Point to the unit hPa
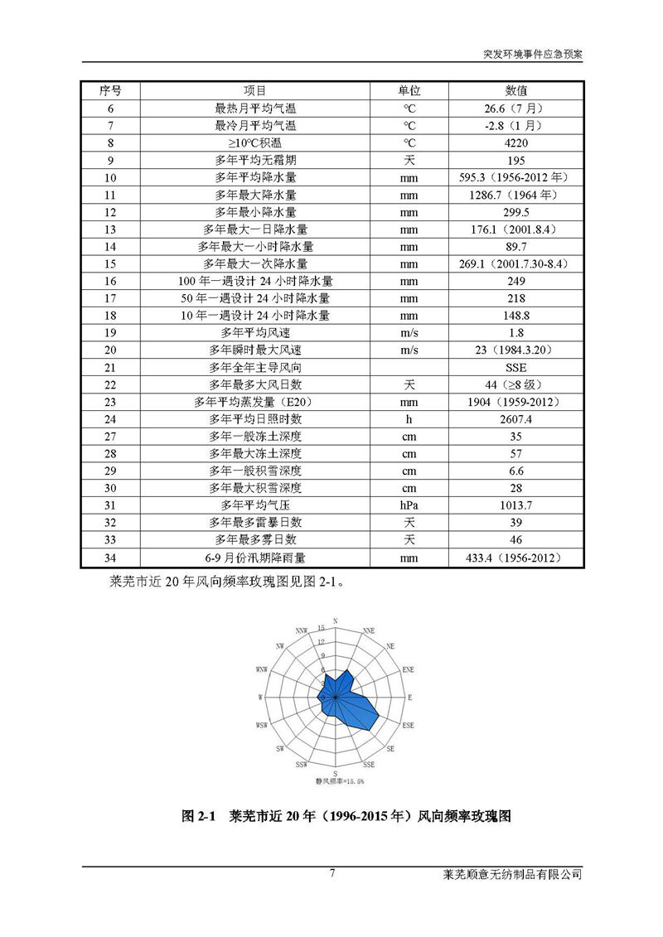409,505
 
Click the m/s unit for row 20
409,350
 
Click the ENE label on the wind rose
407,668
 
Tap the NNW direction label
301,630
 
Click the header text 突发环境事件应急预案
532,52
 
